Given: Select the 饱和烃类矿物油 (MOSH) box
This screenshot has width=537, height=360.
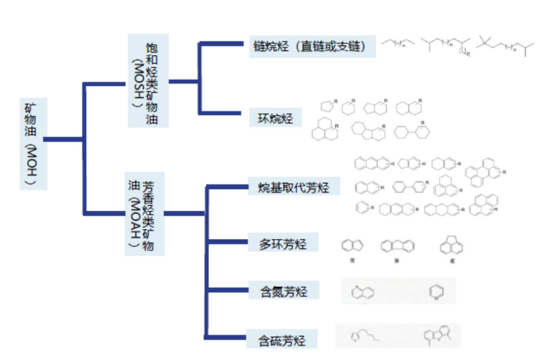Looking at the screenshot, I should click(x=148, y=80).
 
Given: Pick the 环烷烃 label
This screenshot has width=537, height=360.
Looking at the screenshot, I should click(x=276, y=118).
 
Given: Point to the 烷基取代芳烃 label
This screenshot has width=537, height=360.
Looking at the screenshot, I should click(x=294, y=188).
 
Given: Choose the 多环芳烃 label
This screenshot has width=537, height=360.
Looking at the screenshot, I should click(x=283, y=244).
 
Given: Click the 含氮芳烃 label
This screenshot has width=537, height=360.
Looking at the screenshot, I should click(x=283, y=291).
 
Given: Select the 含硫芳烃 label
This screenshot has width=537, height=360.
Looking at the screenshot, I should click(x=283, y=337).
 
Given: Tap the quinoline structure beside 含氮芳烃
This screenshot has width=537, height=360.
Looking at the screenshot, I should click(x=363, y=292).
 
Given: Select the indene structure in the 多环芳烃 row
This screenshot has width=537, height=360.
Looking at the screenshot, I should click(x=350, y=246).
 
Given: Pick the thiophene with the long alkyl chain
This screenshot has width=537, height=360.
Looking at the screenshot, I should click(x=365, y=336).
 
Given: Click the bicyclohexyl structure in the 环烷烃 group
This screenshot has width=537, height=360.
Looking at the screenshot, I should click(x=415, y=132).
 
